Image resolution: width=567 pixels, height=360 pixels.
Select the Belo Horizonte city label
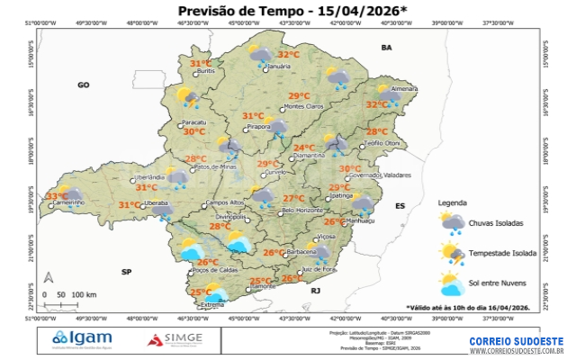coord(302,210)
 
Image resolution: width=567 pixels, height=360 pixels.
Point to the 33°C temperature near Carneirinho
coord(57,196)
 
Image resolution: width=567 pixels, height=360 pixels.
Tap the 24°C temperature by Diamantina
coord(304,148)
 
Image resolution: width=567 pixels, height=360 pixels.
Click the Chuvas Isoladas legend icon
coord(453,222)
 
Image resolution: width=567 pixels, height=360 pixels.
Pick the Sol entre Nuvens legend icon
coord(453,284)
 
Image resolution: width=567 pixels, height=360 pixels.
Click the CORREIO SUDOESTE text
coord(516,341)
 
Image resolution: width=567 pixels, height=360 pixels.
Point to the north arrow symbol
coord(51,278)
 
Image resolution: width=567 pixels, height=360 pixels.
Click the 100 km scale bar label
coord(85,294)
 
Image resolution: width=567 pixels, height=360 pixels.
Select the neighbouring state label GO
coord(84,85)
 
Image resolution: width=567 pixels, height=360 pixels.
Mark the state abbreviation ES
coord(400,206)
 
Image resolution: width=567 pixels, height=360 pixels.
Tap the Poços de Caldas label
coord(213,269)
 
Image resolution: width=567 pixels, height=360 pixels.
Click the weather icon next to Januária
coord(262,57)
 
